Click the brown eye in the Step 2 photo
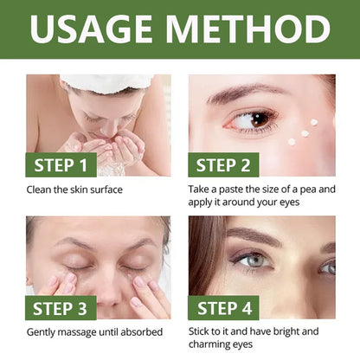coord(260,118)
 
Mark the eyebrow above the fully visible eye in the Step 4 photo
coord(254,235)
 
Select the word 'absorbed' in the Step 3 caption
coord(140,331)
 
